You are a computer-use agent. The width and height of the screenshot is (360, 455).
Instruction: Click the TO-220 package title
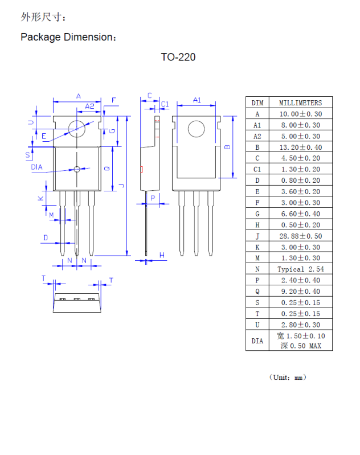pyautogui.click(x=178, y=57)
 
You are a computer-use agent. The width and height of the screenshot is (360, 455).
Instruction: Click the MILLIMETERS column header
pyautogui.click(x=300, y=103)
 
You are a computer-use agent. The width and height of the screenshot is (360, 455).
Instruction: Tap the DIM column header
pyautogui.click(x=257, y=103)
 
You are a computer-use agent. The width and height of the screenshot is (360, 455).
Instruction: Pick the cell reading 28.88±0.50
pyautogui.click(x=300, y=236)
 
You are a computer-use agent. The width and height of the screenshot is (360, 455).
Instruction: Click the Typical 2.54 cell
pyautogui.click(x=300, y=269)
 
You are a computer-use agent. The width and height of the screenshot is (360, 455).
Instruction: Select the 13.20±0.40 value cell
pyautogui.click(x=300, y=147)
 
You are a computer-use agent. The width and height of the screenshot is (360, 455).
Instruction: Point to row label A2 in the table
pyautogui.click(x=257, y=136)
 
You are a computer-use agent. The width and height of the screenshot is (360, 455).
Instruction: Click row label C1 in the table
pyautogui.click(x=257, y=169)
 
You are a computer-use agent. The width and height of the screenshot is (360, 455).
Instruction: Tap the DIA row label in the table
pyautogui.click(x=257, y=341)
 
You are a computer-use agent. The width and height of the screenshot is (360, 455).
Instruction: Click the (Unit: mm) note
pyautogui.click(x=288, y=377)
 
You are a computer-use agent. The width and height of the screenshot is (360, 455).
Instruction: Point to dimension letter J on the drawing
pyautogui.click(x=121, y=186)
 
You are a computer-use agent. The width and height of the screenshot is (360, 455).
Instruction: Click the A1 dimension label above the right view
pyautogui.click(x=197, y=100)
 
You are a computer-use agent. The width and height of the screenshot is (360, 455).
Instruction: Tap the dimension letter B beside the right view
pyautogui.click(x=227, y=147)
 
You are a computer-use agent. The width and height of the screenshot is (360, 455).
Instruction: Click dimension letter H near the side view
pyautogui.click(x=162, y=255)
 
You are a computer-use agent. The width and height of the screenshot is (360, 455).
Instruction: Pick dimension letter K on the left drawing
pyautogui.click(x=40, y=198)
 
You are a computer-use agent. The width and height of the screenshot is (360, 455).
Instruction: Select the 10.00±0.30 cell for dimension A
pyautogui.click(x=300, y=114)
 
